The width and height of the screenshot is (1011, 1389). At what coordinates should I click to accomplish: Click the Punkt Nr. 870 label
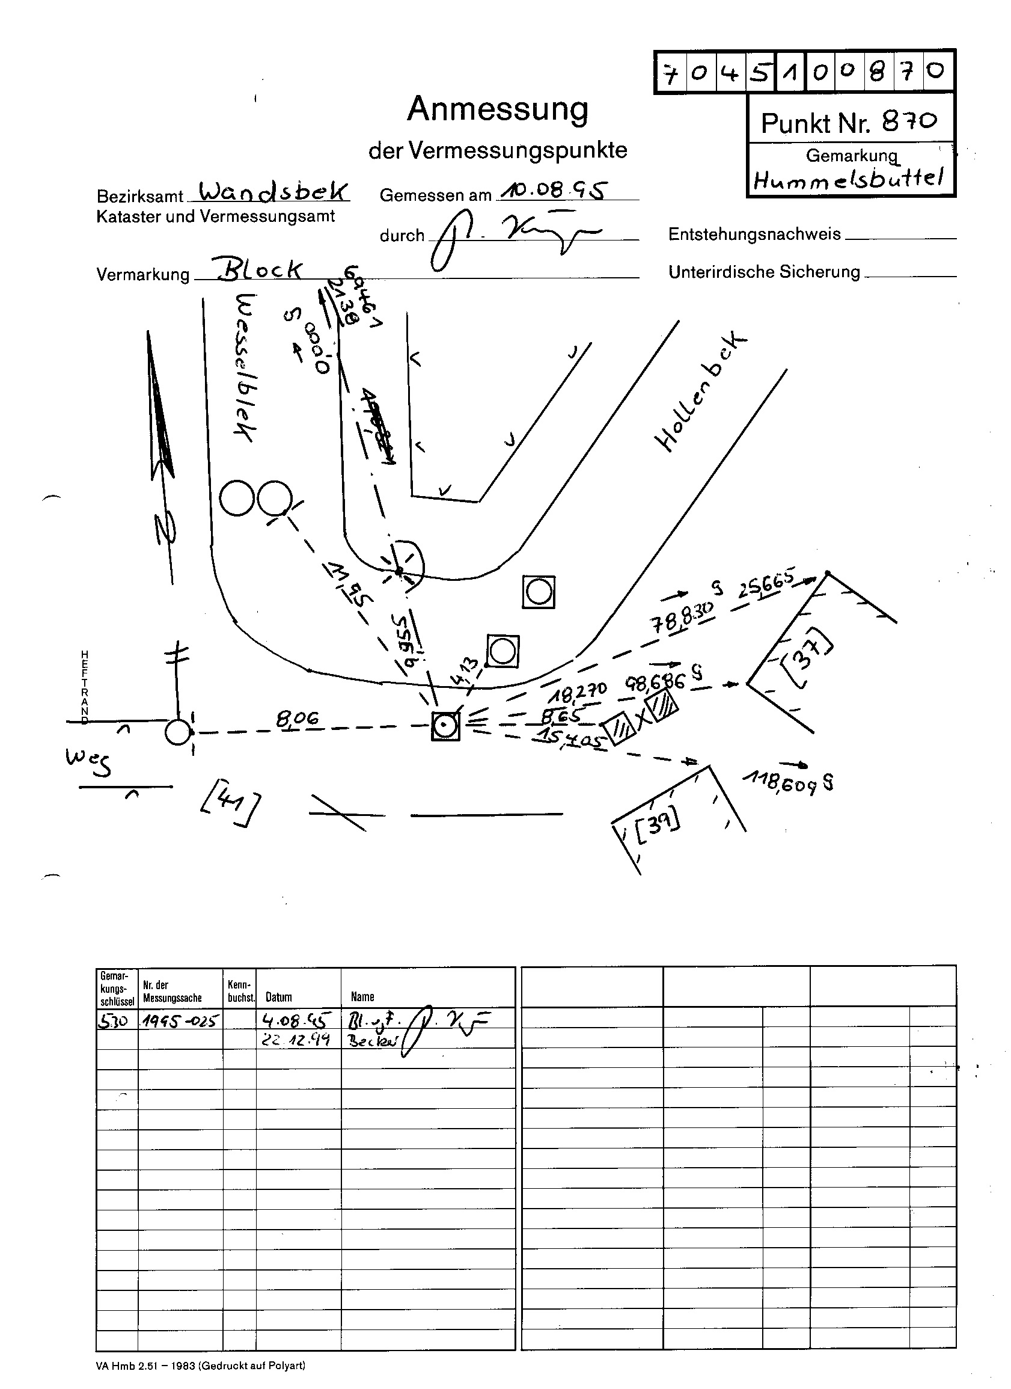click(849, 123)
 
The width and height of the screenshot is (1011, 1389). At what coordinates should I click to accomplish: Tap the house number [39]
click(658, 827)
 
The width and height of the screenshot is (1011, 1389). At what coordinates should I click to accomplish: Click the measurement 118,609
click(786, 782)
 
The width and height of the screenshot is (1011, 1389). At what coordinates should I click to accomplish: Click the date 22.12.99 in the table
click(296, 1039)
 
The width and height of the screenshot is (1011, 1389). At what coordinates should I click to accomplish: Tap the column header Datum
click(279, 997)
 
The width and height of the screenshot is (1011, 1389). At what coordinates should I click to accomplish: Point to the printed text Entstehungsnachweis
click(754, 235)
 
